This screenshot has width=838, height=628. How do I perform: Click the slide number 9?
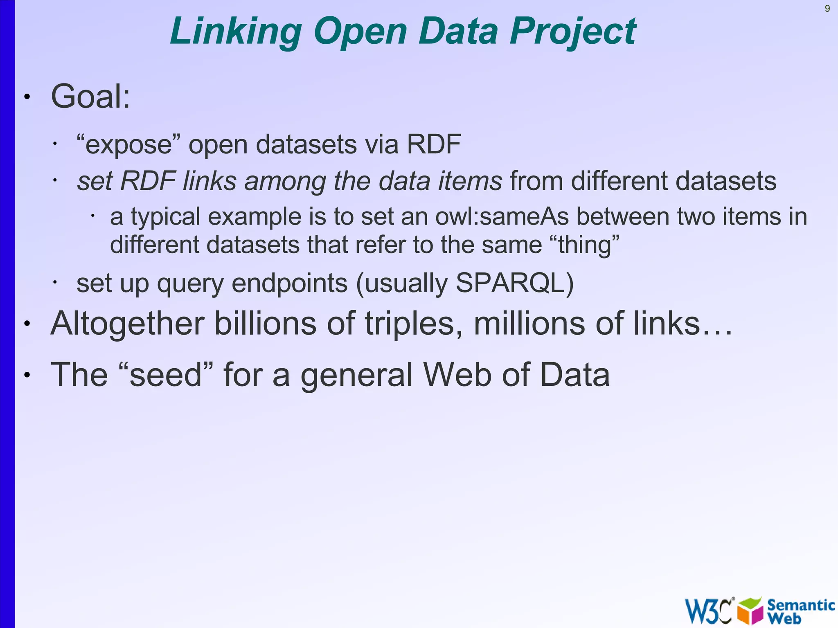(827, 9)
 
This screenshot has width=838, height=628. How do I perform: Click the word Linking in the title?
(236, 32)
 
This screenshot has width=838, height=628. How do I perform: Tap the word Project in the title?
(573, 32)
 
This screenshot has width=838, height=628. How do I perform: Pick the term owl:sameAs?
(502, 216)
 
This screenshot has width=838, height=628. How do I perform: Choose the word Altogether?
(127, 324)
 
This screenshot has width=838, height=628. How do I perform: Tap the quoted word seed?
(165, 375)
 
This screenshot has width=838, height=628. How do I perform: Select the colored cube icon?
(750, 610)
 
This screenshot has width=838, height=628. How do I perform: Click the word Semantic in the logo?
(800, 605)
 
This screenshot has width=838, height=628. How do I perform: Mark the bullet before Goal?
(27, 97)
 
